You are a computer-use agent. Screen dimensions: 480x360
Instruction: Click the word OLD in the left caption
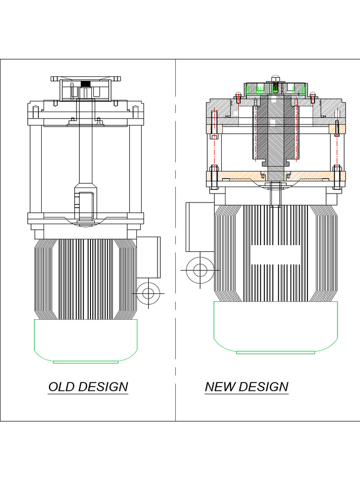62,387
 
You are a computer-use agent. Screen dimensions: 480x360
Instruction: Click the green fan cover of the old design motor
86,340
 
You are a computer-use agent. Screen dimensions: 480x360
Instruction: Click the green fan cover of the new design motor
276,326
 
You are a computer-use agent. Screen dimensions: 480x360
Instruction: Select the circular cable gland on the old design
148,294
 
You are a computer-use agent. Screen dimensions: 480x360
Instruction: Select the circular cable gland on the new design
200,270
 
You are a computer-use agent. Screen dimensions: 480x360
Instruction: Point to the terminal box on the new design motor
200,227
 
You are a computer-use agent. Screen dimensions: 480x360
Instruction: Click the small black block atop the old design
85,84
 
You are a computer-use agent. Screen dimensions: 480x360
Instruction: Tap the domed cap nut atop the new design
275,79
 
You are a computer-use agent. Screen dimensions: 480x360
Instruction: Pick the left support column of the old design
36,169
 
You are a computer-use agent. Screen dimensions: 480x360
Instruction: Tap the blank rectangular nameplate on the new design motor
276,254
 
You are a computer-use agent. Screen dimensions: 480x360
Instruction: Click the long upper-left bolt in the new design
214,125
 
